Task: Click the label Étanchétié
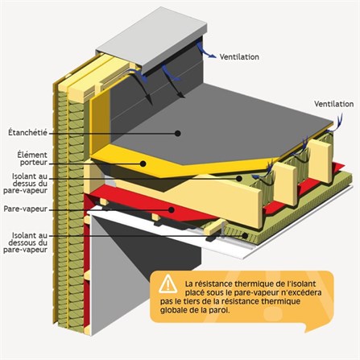pyautogui.click(x=27, y=133)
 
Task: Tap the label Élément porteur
pyautogui.click(x=33, y=159)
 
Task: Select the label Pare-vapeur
pyautogui.click(x=26, y=209)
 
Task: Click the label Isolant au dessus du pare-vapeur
pyautogui.click(x=26, y=184)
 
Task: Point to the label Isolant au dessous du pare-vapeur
pyautogui.click(x=26, y=242)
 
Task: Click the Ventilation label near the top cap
pyautogui.click(x=239, y=57)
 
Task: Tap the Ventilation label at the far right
pyautogui.click(x=334, y=104)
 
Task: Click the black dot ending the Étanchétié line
pyautogui.click(x=177, y=133)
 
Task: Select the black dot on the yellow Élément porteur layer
pyautogui.click(x=143, y=163)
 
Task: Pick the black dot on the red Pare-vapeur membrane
pyautogui.click(x=172, y=209)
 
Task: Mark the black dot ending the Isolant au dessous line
pyautogui.click(x=245, y=236)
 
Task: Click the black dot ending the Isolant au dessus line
pyautogui.click(x=239, y=178)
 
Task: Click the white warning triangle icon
pyautogui.click(x=168, y=283)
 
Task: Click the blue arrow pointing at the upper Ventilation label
pyautogui.click(x=205, y=51)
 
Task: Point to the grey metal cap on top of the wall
pyautogui.click(x=151, y=39)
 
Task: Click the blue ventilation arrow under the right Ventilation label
pyautogui.click(x=336, y=123)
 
